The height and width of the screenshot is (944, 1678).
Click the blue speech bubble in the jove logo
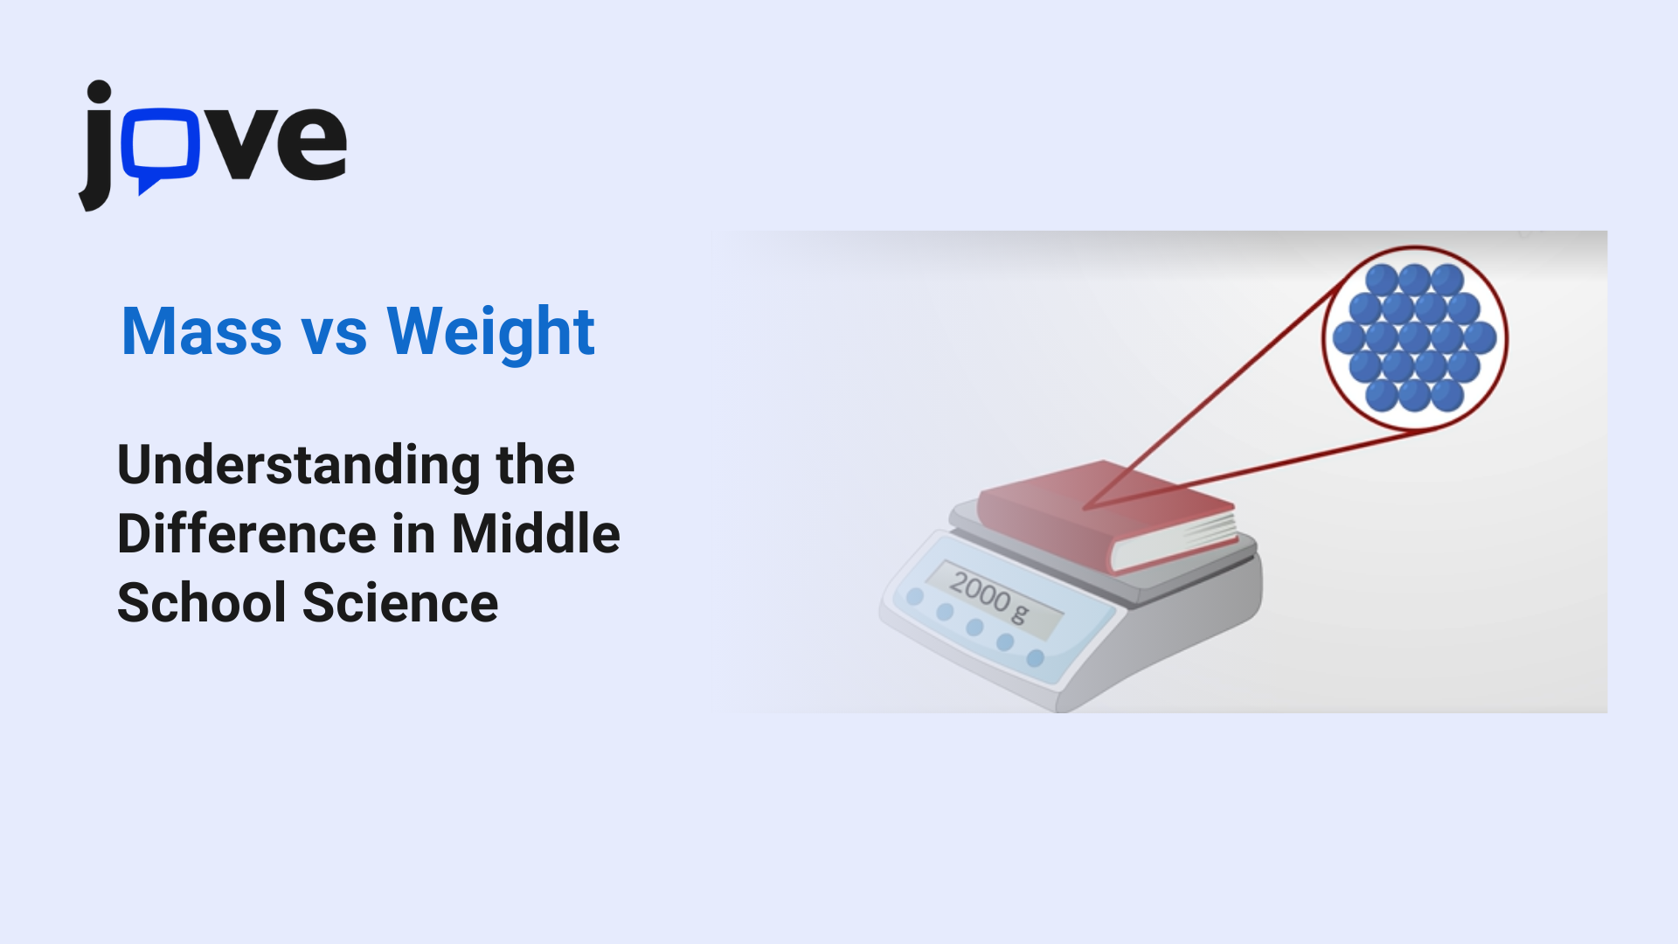coord(161,145)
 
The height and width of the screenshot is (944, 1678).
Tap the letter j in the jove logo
coord(98,149)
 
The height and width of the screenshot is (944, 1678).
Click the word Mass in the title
coord(202,332)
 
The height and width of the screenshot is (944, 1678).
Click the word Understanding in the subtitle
coord(298,466)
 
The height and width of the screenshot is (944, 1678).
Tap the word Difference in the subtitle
coord(246,534)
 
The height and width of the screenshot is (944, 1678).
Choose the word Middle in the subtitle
coord(536,534)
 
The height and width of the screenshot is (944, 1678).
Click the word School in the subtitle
coord(202,603)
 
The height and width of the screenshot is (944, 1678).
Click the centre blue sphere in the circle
coord(1414,337)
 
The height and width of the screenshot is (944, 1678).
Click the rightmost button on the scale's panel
coord(1036,657)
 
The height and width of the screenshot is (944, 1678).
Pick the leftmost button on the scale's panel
coord(915,597)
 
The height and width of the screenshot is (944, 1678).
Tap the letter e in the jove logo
coord(311,143)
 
